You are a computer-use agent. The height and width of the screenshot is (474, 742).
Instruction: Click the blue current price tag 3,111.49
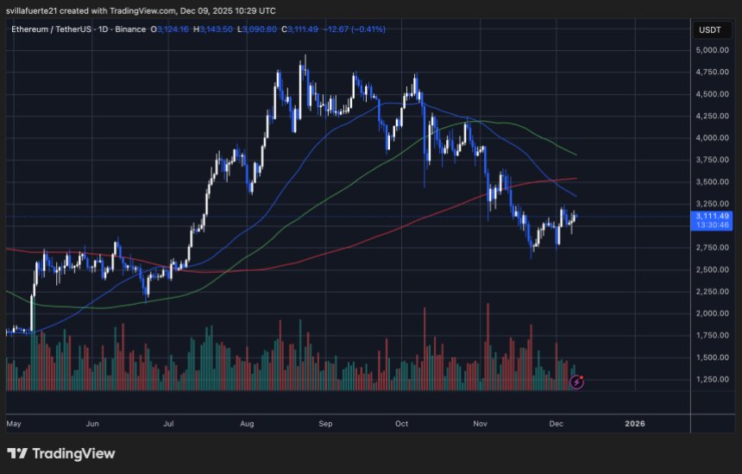click(x=712, y=216)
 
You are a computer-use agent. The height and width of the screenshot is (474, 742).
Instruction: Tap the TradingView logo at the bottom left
click(x=60, y=453)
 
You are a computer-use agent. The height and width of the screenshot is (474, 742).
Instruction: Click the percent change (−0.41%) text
click(x=365, y=29)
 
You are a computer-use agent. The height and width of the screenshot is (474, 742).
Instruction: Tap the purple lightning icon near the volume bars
click(x=578, y=381)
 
